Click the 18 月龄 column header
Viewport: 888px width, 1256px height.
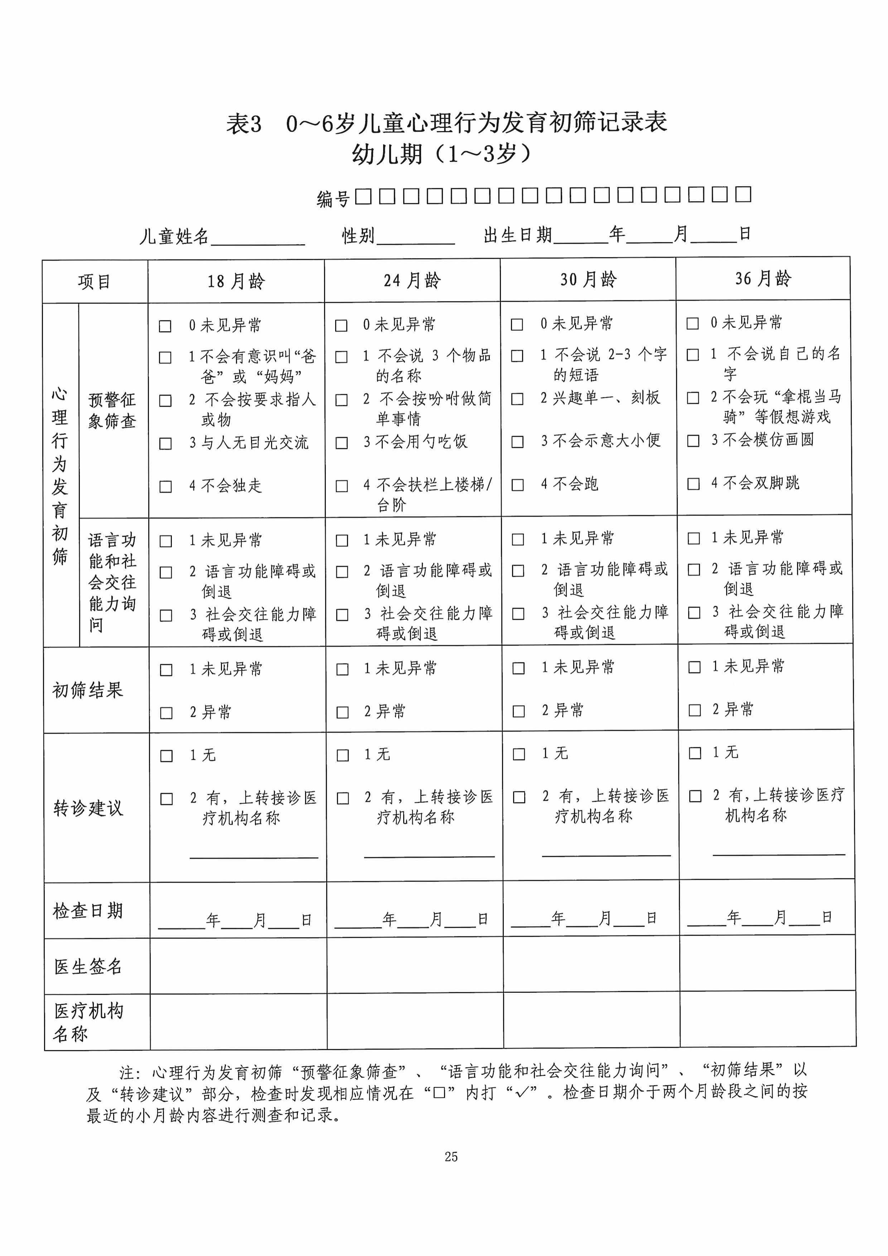[x=236, y=281]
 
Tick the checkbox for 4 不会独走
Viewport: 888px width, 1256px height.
[x=165, y=486]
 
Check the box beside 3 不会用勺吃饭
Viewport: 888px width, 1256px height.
[x=341, y=443]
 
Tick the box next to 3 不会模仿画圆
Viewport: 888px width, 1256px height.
[x=693, y=440]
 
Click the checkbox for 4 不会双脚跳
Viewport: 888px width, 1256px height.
[x=693, y=484]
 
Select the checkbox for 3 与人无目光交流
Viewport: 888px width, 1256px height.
[x=165, y=443]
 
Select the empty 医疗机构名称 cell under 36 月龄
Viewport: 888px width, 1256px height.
[x=768, y=1020]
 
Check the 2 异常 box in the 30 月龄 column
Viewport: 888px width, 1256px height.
[x=519, y=711]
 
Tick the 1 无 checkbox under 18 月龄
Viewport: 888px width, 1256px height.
[x=166, y=755]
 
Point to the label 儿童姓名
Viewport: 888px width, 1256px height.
[x=174, y=236]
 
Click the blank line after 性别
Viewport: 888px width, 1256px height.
[x=415, y=237]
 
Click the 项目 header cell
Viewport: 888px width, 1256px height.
[x=95, y=282]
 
